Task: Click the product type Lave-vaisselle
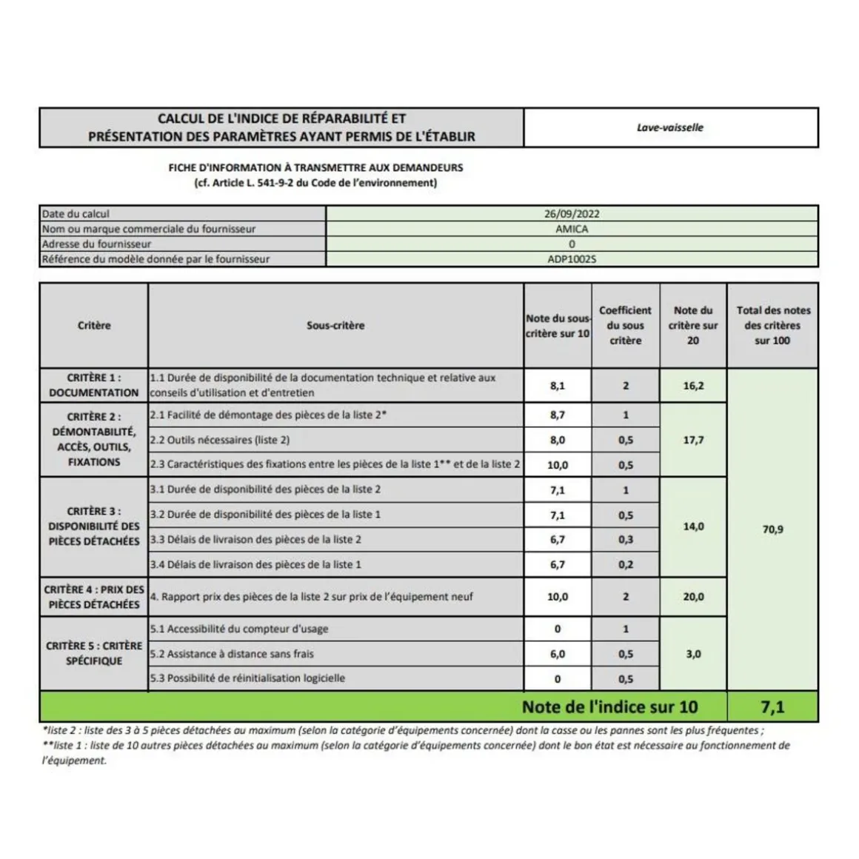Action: (x=669, y=127)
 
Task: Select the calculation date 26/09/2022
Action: (x=572, y=214)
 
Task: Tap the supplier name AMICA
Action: (x=572, y=229)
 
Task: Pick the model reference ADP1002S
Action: (x=572, y=259)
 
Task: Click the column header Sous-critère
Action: (x=335, y=325)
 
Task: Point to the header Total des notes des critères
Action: (x=772, y=325)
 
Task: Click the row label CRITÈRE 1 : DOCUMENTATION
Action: (x=94, y=385)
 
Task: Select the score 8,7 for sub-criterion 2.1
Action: (x=558, y=415)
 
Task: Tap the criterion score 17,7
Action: (x=693, y=440)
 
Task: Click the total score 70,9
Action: (x=772, y=529)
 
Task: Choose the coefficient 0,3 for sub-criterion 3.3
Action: (x=626, y=540)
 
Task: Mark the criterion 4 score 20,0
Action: (x=693, y=597)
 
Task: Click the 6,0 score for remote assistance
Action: (x=558, y=654)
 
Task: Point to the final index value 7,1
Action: (x=772, y=707)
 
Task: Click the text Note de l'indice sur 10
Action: (x=609, y=707)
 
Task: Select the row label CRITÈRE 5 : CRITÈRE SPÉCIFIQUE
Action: (x=94, y=653)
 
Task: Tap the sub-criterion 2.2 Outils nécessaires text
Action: (x=220, y=440)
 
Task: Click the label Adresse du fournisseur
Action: (x=97, y=244)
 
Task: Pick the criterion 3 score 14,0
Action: (x=693, y=527)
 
